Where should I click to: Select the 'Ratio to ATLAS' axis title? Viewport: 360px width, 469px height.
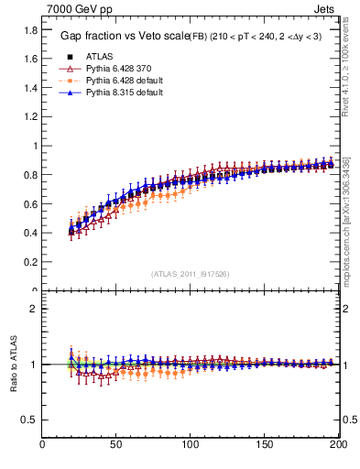[13, 364]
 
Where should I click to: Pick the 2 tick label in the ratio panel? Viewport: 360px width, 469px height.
[33, 309]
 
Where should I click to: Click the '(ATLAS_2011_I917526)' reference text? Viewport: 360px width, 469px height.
[189, 273]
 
